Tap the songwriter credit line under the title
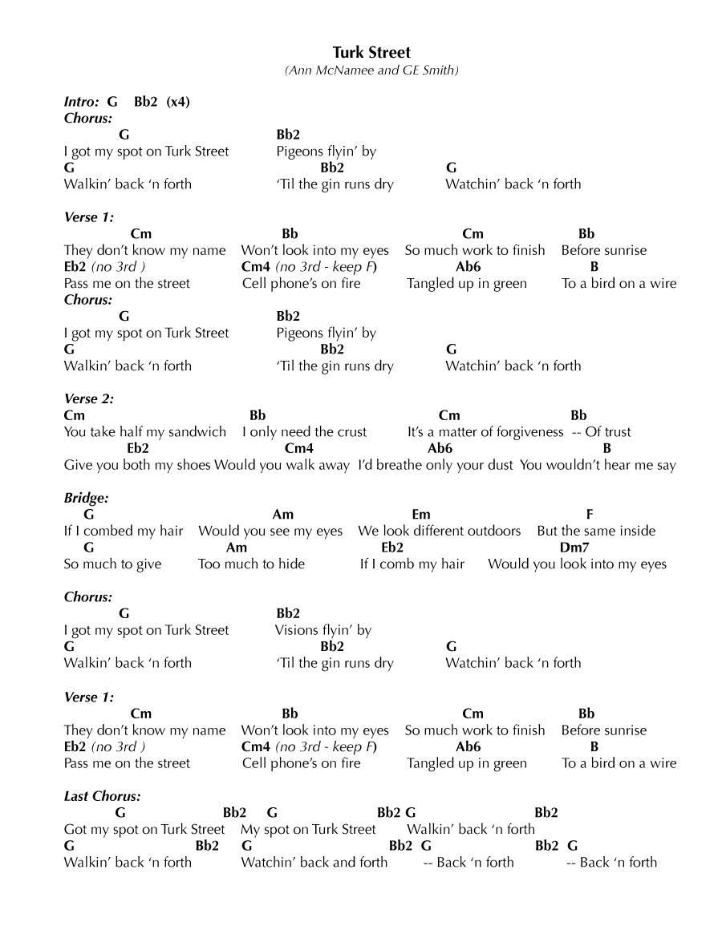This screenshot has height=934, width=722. pos(371,71)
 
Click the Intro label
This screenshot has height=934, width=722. pos(81,102)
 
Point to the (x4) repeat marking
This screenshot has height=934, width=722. pos(178,102)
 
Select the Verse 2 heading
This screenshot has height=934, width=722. pos(89,398)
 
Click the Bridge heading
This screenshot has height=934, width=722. pos(86,498)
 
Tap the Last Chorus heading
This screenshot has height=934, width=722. pos(102,796)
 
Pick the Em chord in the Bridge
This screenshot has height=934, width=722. pos(420,515)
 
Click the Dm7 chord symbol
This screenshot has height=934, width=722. pos(574,548)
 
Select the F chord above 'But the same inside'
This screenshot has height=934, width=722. pos(590,515)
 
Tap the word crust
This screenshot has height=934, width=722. pos(350,432)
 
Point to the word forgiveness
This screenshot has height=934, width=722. pos(522,432)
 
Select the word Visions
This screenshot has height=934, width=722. pos(298,630)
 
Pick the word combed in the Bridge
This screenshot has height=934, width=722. pos(107,531)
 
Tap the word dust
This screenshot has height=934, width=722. pos(497,465)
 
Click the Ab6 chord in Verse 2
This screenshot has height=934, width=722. pos(440,448)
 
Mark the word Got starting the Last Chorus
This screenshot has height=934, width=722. pos(75,829)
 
